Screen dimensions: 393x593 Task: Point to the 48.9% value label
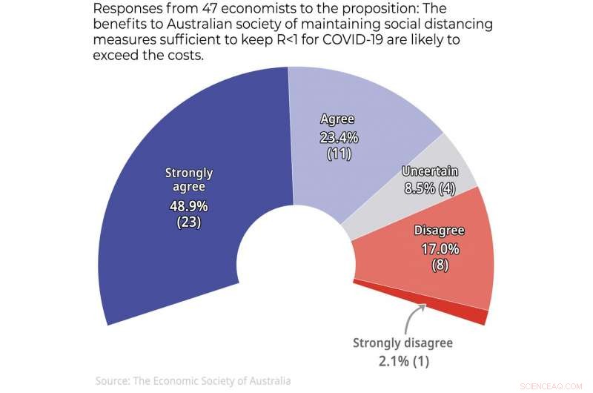[188, 205]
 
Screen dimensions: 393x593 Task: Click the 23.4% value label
[338, 137]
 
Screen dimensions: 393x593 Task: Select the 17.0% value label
[440, 249]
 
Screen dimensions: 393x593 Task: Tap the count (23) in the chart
[188, 222]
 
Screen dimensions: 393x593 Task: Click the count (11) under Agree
[338, 153]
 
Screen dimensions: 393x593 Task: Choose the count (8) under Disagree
[440, 265]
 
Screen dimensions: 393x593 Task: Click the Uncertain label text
[430, 171]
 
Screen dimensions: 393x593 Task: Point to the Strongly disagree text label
[402, 343]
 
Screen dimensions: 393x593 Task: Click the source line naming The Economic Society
[193, 380]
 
